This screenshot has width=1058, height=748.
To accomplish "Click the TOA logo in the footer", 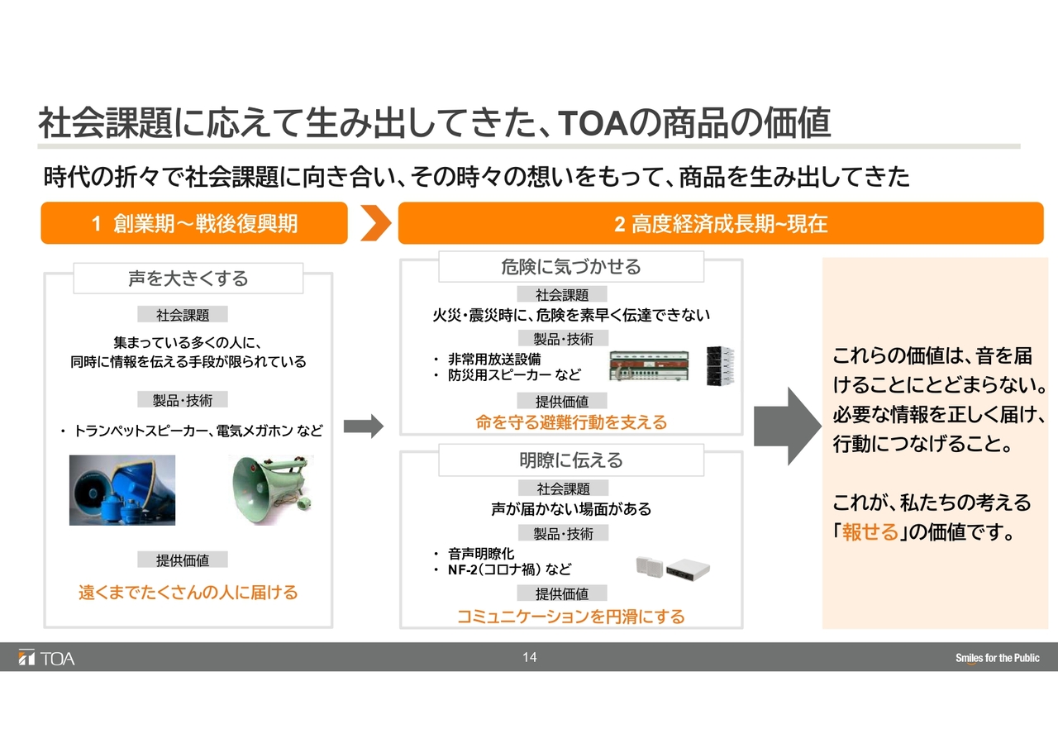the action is coord(46,658).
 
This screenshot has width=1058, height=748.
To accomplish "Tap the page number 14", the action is coord(530,657).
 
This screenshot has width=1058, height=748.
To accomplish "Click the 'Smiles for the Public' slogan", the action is coord(997,658).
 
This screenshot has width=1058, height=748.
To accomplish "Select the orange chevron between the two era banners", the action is coord(376,223).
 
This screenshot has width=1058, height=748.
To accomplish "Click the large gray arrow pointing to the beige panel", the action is coord(788,426).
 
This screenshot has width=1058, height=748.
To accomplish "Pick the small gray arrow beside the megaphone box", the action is coord(363,426).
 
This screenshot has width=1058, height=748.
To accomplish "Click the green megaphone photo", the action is coord(271,489).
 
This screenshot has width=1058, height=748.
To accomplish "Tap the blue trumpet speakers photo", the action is coord(122,489).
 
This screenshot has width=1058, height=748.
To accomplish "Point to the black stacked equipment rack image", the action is coord(720,366).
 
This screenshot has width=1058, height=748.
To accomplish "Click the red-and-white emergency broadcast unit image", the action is coord(649,366).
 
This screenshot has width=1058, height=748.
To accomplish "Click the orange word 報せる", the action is coord(870,531).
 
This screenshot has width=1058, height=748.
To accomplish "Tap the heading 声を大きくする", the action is coord(188,279).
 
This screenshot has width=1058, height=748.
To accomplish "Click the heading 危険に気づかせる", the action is coord(571,267).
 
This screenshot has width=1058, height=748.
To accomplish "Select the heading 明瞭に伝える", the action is coord(571,460).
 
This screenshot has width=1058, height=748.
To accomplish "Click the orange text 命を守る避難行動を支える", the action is coord(571,422).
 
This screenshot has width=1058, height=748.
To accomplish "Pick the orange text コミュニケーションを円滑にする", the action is coord(571,616).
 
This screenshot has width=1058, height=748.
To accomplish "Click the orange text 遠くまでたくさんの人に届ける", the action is coord(188,592).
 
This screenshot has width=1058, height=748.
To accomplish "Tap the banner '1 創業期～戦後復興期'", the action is coord(194,223).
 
